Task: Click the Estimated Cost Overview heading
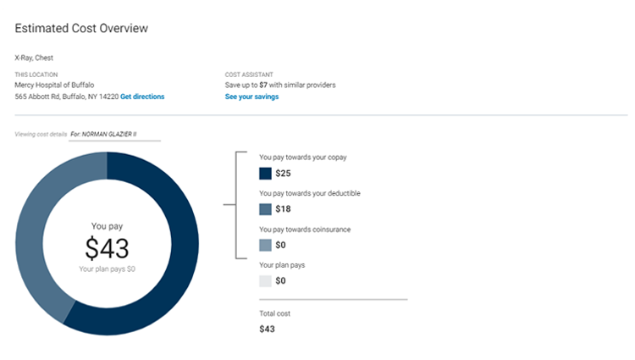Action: [81, 28]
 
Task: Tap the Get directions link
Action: [142, 97]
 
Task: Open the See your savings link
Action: [251, 97]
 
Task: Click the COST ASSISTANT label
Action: [249, 75]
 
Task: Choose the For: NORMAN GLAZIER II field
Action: [114, 134]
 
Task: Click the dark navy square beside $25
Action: [265, 174]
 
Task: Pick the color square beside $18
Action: [265, 209]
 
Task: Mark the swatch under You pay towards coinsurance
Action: [265, 245]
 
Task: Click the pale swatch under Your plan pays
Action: [265, 280]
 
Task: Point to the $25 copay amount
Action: [284, 174]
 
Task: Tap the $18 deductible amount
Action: [284, 209]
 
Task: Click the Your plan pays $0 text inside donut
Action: [107, 269]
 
